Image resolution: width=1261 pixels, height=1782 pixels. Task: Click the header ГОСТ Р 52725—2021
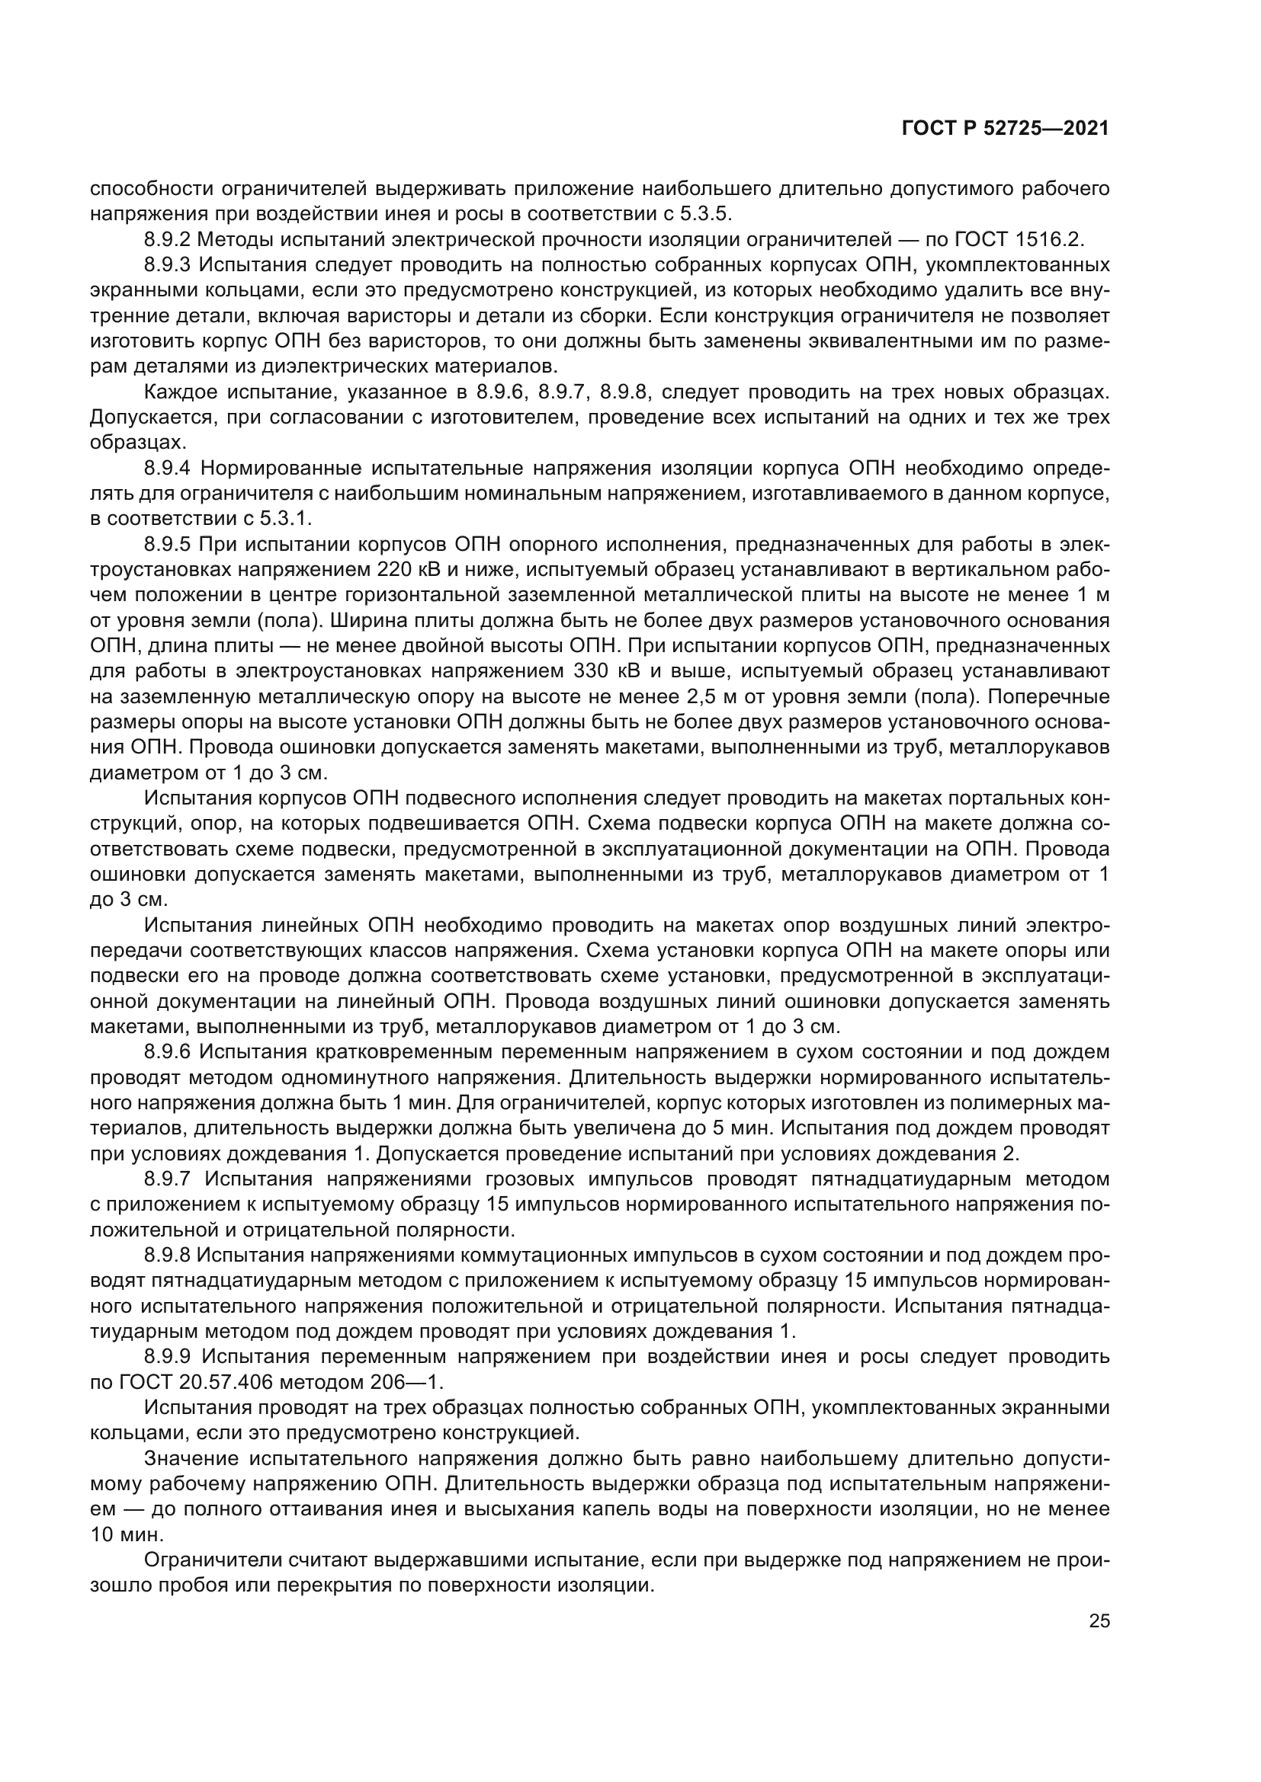point(1005,129)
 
